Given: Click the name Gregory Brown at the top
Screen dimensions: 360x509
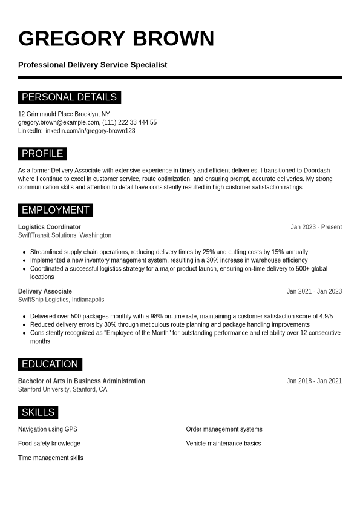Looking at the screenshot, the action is [116, 39].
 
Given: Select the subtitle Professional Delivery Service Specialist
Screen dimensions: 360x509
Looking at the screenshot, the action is [93, 65].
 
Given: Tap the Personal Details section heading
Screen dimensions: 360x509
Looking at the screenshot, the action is [70, 97].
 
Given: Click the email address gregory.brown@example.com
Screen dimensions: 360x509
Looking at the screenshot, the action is [58, 122].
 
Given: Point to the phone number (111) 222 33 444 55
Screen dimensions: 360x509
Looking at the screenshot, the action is [129, 122].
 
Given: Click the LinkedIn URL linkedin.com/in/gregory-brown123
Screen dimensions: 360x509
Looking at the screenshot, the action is [90, 131].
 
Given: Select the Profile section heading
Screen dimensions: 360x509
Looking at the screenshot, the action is [42, 154].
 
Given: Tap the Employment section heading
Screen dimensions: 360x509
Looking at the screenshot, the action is [56, 210].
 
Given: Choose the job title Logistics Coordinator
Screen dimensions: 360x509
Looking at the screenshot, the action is [50, 227].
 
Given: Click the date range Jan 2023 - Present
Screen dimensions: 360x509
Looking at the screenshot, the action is [316, 227].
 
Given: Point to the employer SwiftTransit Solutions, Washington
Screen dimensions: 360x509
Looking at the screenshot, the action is [65, 235].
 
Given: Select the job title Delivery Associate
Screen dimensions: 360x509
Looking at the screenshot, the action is [45, 291].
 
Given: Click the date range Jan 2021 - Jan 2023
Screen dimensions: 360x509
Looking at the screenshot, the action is [314, 291].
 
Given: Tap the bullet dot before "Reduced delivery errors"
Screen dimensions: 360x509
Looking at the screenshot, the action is [24, 325].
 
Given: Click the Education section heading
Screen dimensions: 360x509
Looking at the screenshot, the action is [50, 364].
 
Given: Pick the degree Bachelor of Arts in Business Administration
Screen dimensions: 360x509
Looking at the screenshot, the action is [82, 381].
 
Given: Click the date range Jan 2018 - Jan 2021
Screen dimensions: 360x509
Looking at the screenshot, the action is [314, 381].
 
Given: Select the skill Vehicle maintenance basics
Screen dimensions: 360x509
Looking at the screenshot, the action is [223, 444].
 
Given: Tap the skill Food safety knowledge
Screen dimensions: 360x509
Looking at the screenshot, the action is [49, 444].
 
